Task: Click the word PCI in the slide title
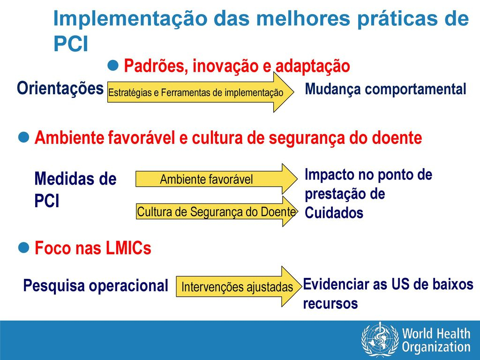(71, 44)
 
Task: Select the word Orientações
(60, 89)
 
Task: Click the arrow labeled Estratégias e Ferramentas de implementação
(201, 92)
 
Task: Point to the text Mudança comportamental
(385, 90)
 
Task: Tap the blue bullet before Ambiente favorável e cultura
(23, 137)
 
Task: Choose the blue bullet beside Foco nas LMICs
(23, 247)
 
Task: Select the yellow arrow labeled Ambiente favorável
(217, 179)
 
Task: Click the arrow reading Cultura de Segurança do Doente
(217, 211)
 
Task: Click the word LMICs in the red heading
(128, 248)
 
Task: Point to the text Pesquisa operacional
(96, 286)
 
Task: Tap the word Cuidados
(334, 213)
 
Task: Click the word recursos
(330, 304)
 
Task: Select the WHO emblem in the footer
(380, 340)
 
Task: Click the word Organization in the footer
(436, 347)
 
